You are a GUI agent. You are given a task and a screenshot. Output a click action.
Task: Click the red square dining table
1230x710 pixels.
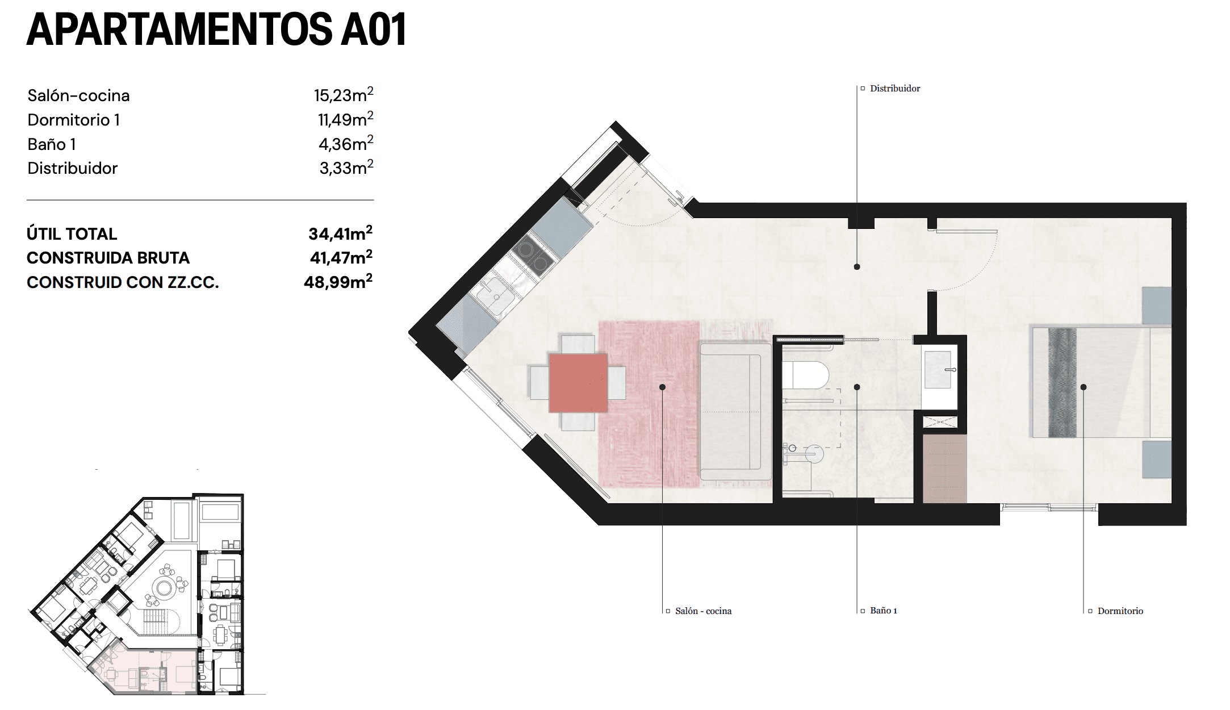578,383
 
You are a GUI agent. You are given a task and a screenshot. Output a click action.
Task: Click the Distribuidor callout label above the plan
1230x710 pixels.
894,89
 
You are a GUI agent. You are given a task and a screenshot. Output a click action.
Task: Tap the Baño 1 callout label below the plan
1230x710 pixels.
883,611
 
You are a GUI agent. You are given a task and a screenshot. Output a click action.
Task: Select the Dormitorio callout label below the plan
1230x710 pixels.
1120,611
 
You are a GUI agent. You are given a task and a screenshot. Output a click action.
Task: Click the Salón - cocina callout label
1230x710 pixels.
703,611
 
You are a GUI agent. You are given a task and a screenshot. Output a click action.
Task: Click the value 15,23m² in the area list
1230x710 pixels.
343,95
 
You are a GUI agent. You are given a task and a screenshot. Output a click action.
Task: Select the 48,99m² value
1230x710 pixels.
338,282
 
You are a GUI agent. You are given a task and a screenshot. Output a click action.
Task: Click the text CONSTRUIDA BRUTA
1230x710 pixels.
108,258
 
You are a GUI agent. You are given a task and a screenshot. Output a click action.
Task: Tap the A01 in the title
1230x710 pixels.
373,30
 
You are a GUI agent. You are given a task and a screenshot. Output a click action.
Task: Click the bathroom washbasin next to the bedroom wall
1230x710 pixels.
938,370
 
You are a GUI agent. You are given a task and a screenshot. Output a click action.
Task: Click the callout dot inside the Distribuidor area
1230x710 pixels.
857,266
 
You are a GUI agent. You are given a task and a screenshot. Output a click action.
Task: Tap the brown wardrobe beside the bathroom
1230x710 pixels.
944,469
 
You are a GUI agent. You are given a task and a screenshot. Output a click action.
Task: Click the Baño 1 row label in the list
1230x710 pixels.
52,144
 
